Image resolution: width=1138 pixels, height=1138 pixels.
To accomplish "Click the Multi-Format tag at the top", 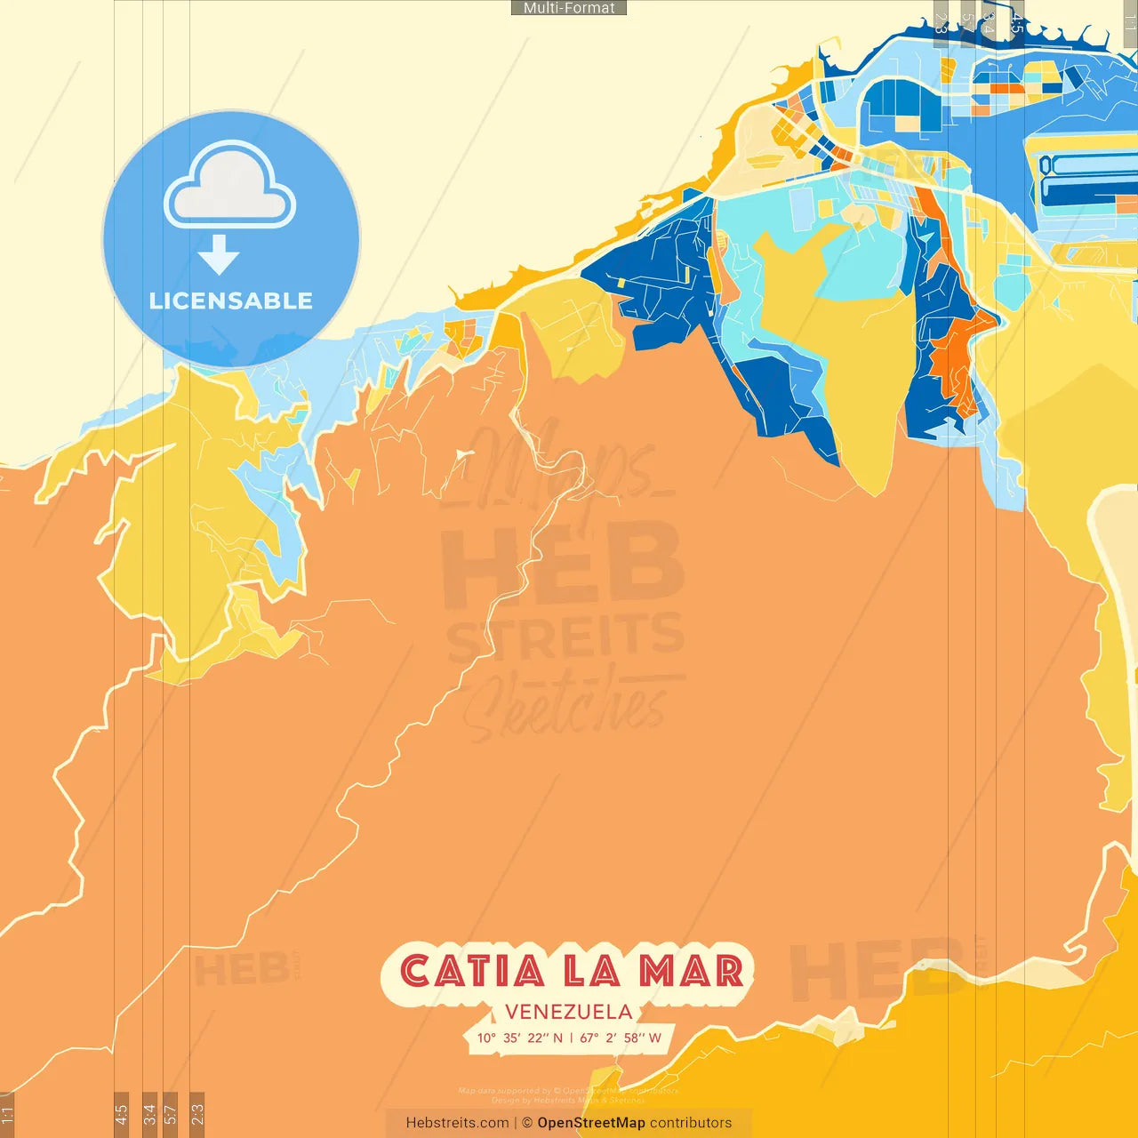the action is click(x=569, y=8).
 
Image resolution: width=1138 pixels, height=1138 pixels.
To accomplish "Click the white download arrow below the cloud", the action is click(x=219, y=255).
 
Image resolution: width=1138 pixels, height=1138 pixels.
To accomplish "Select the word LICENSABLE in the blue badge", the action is click(x=231, y=301).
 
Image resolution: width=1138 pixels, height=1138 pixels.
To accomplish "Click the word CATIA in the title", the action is click(x=472, y=971).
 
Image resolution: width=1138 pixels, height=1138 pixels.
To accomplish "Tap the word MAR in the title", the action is click(x=692, y=971).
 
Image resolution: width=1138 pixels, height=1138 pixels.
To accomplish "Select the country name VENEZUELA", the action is click(x=569, y=1012).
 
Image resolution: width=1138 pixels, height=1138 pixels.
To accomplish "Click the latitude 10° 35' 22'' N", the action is click(x=520, y=1038).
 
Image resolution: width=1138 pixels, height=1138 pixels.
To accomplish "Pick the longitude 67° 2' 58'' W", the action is click(x=621, y=1038).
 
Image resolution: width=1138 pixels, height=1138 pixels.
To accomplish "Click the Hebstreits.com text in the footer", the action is click(x=457, y=1123).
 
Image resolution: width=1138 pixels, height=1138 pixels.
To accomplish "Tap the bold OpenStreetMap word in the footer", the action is click(x=591, y=1123).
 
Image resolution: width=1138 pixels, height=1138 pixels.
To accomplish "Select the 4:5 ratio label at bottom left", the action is click(x=121, y=1114).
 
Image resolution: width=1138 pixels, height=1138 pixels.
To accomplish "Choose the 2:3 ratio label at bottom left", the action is click(x=197, y=1114).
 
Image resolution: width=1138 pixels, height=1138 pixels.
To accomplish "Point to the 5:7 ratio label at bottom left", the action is click(x=171, y=1114).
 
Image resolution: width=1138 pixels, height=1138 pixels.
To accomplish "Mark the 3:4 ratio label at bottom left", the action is click(x=149, y=1114).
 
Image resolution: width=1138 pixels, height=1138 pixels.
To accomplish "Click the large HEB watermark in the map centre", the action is click(x=562, y=565).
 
